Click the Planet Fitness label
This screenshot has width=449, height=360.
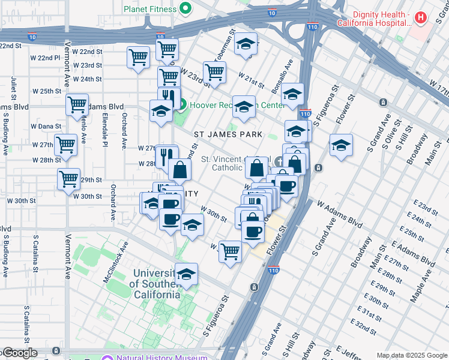(x=150, y=9)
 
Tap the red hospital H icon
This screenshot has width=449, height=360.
(x=420, y=17)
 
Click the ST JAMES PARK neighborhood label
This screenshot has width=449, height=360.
(x=229, y=134)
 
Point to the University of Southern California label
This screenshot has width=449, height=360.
(x=154, y=284)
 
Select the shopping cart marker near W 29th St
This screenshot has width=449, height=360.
(x=69, y=178)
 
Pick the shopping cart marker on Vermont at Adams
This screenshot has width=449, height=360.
(x=77, y=104)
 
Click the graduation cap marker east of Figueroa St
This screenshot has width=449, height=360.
(x=341, y=145)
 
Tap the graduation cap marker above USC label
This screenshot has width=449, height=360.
(x=186, y=274)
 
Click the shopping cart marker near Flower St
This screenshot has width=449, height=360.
(x=230, y=251)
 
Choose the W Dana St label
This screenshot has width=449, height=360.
(x=46, y=127)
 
